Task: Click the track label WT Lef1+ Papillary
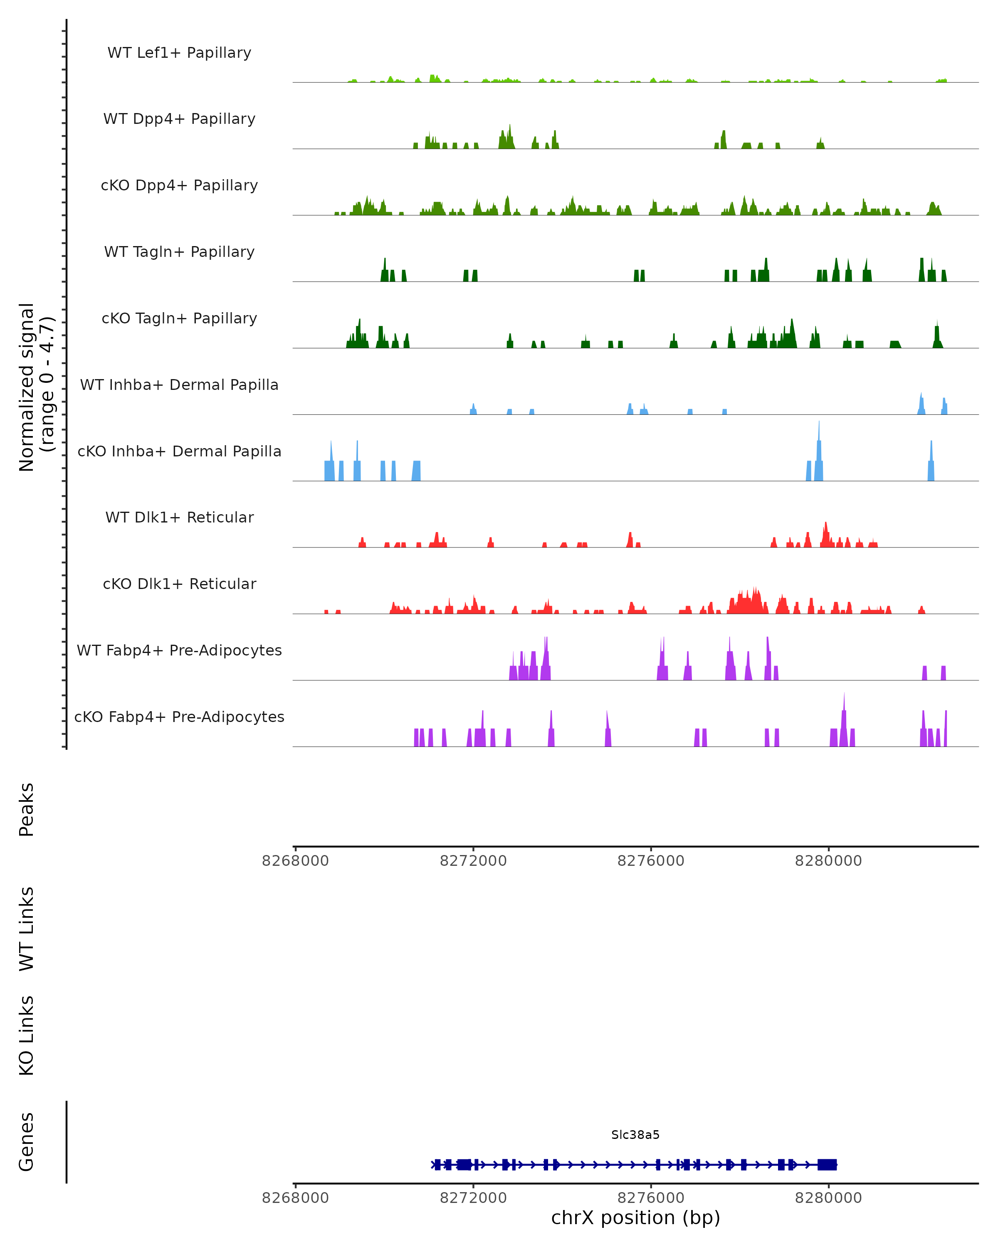(x=179, y=53)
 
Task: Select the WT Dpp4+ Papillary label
(x=179, y=119)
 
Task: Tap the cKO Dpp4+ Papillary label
(x=179, y=186)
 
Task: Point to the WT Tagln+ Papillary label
(x=179, y=252)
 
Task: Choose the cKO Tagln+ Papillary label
(x=179, y=319)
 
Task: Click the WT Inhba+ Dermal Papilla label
(x=179, y=385)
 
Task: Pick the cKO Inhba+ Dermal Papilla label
(x=179, y=452)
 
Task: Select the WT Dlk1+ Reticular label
(x=179, y=518)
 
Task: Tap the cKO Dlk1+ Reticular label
(x=179, y=584)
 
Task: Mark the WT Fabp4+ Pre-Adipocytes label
(x=179, y=651)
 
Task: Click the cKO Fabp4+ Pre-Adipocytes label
(x=179, y=717)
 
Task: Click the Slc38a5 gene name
(x=635, y=1135)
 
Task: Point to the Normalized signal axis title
(x=36, y=387)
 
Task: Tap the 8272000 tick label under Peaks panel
(x=473, y=861)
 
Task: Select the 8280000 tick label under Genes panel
(x=828, y=1198)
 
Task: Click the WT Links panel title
(x=27, y=929)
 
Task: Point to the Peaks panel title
(x=27, y=810)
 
